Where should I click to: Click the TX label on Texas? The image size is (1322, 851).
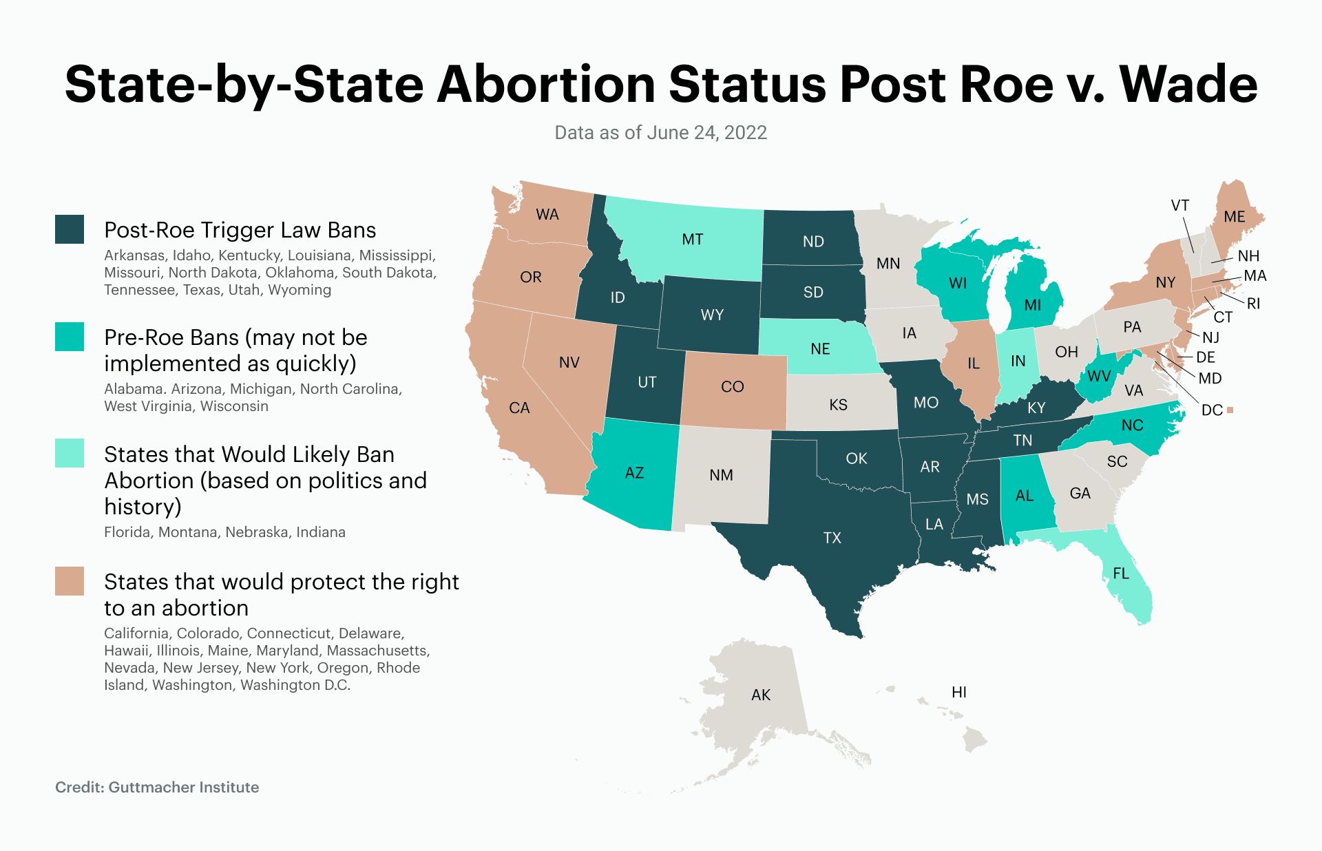pos(832,538)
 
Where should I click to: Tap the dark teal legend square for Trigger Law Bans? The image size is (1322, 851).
pos(70,229)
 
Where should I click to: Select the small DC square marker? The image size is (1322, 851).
pos(1230,410)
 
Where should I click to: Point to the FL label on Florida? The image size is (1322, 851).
pos(1120,573)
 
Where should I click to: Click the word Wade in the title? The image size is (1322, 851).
pos(1188,84)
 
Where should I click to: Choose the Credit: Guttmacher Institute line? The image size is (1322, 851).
pos(157,787)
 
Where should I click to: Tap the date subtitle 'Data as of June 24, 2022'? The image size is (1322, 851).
pos(660,132)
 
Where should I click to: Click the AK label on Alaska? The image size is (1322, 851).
pos(760,695)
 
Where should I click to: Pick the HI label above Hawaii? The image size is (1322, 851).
pos(958,692)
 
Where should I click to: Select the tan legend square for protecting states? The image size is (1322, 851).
pos(70,581)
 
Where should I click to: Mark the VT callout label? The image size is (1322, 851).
pos(1179,205)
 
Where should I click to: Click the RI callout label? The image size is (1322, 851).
pos(1253,304)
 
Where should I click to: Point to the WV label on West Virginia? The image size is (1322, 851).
pos(1099,376)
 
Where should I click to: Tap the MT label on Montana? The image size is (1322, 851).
pos(692,239)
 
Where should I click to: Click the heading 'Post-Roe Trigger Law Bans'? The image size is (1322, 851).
pos(240,230)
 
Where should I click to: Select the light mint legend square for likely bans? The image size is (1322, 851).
pos(70,453)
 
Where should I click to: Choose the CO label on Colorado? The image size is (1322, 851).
pos(732,386)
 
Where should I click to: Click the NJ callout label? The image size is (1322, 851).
pos(1210,337)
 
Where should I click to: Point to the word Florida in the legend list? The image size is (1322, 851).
pos(127,532)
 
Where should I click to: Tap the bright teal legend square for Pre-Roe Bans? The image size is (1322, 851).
pos(70,337)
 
